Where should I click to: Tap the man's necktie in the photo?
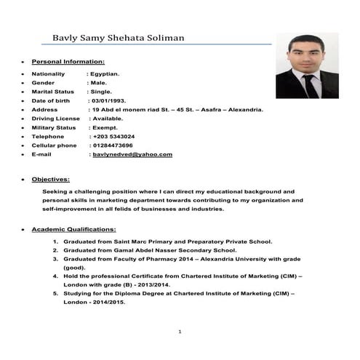click(x=310, y=86)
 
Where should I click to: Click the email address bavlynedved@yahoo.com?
click(x=132, y=155)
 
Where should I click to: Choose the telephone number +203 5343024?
click(x=113, y=136)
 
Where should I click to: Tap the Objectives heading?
click(x=51, y=179)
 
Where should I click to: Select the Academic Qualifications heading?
click(x=74, y=230)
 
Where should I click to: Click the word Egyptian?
click(x=106, y=74)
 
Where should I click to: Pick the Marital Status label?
click(x=52, y=92)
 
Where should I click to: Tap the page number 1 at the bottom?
click(x=179, y=332)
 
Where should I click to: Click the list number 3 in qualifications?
click(x=56, y=259)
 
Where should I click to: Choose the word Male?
click(x=100, y=83)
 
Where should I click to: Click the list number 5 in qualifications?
click(x=56, y=294)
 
